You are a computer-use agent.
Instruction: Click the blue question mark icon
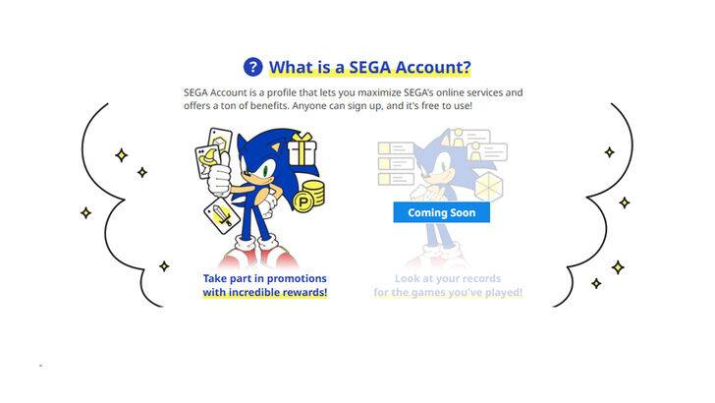point(253,67)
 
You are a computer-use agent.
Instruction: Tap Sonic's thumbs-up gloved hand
point(223,176)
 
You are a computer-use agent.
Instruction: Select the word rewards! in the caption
point(301,293)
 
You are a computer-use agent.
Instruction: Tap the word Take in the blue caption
point(215,278)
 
